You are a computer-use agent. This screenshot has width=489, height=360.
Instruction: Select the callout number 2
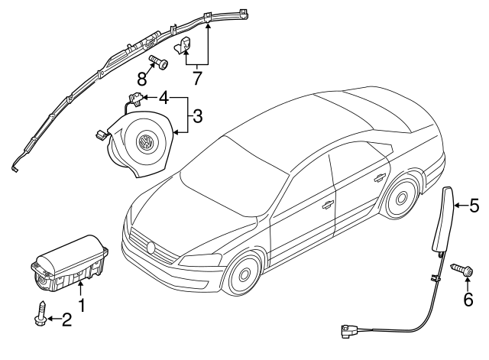coord(66,320)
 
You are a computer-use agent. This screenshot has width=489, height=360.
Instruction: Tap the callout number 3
coord(197,116)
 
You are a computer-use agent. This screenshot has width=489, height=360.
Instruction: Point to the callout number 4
coord(163,98)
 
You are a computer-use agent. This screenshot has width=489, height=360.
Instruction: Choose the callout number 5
coord(474,205)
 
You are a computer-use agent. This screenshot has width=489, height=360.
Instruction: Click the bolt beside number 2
coord(40,313)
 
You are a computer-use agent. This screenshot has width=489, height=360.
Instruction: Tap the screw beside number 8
coord(158,62)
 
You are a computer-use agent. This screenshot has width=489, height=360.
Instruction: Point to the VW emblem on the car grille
coord(151,248)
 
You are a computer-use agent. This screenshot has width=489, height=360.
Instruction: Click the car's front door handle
coord(327,204)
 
